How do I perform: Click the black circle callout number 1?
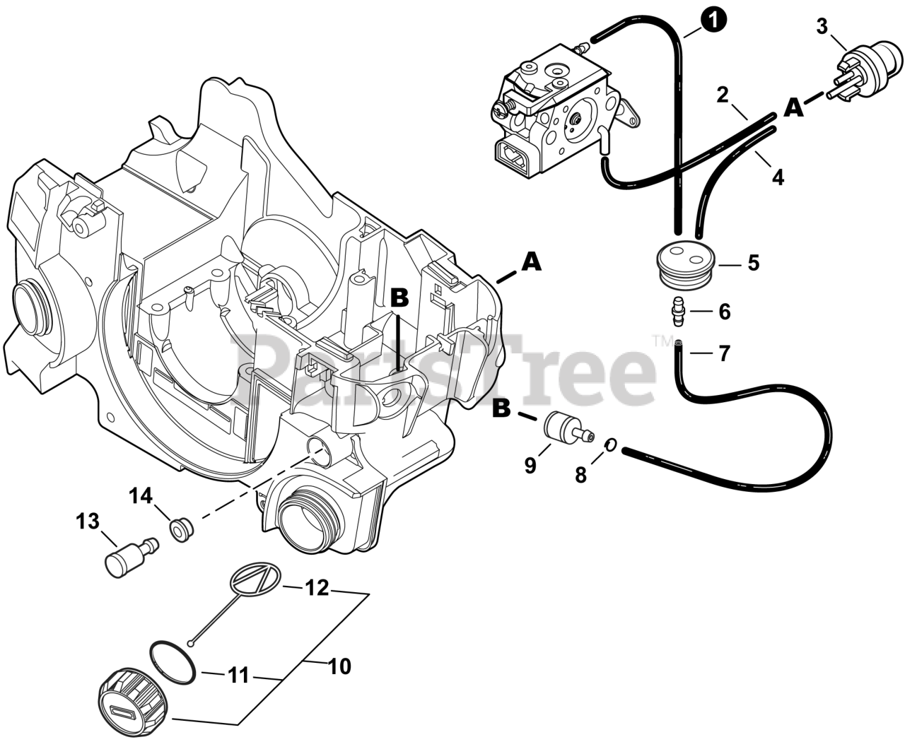point(716,20)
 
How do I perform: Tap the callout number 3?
point(822,27)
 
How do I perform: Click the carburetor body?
point(559,110)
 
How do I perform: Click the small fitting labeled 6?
point(680,312)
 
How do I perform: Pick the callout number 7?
point(724,353)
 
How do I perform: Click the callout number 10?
point(340,666)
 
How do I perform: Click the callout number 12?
point(317,587)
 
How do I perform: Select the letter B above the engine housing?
point(399,299)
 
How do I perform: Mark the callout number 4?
point(778,177)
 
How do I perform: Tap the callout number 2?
point(722,95)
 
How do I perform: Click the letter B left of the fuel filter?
point(501,408)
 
